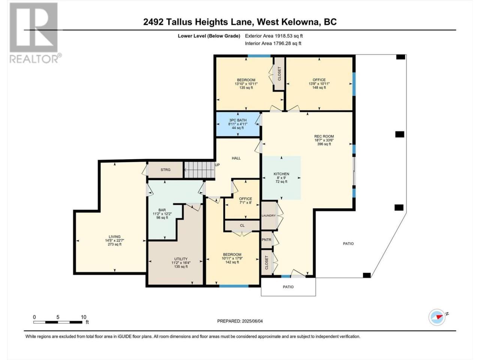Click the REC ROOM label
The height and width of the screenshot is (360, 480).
(324, 136)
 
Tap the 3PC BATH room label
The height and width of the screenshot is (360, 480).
(238, 120)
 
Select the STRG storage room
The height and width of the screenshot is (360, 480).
(165, 169)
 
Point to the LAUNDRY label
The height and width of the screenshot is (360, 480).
(268, 216)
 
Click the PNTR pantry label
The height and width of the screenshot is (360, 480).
(266, 240)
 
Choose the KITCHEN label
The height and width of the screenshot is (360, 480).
(282, 174)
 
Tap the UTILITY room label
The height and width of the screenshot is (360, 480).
(181, 259)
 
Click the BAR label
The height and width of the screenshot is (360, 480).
(162, 210)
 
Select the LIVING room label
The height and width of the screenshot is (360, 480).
(115, 237)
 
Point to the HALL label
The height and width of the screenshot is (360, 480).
(236, 158)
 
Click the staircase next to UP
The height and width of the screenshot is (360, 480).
(199, 170)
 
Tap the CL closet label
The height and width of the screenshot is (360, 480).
(242, 225)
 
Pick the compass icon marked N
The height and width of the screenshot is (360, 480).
(437, 317)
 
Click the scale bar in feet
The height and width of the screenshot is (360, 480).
(58, 322)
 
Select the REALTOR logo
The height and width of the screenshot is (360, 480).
(35, 33)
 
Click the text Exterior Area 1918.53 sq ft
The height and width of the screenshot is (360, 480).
(274, 36)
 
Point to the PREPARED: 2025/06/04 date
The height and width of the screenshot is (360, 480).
(240, 321)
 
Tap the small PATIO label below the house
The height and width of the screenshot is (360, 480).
(288, 287)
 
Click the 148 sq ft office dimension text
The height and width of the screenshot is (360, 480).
(319, 87)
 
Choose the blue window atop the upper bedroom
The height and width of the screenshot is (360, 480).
(259, 56)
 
